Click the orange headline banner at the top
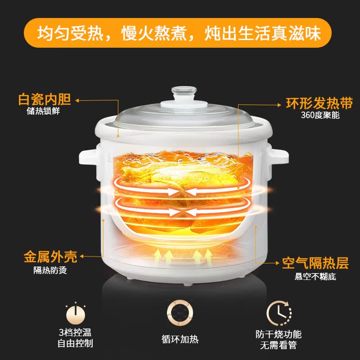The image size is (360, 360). point(178,33)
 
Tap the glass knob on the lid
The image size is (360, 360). point(184,93)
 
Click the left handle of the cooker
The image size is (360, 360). point(89,157)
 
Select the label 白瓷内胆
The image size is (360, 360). point(45,99)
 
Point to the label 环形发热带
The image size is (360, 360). point(319,103)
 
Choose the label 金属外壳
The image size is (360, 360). point(50,256)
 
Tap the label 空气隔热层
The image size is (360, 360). point(315,263)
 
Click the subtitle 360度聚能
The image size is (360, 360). point(320,115)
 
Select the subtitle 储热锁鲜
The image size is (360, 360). point(43,111)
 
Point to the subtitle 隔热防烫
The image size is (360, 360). point(50,270)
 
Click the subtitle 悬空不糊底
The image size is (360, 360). point(315,276)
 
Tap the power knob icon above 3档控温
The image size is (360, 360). point(76,313)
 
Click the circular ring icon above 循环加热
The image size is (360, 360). point(180,313)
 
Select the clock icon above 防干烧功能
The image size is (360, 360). point(279,313)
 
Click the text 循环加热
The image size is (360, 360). point(180,339)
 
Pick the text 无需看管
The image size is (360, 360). point(279,345)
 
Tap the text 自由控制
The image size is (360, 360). point(75,343)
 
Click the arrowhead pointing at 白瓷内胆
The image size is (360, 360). point(77,100)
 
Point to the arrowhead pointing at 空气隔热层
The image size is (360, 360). point(277,263)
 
